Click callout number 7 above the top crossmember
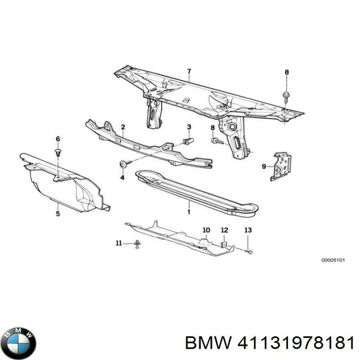click(189, 71)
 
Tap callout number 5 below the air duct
click(58, 214)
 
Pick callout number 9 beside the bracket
click(264, 166)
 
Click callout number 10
click(206, 230)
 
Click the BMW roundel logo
click(18, 337)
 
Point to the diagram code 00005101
click(333, 260)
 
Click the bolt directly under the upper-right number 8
click(287, 96)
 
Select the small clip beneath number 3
click(189, 141)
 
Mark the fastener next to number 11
click(136, 244)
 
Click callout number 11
click(119, 243)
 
